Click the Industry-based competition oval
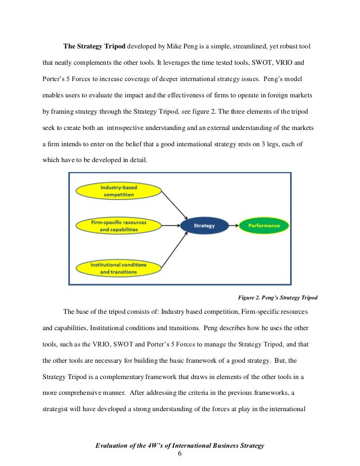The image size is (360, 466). coord(118,191)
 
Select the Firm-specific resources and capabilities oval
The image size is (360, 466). coord(118,226)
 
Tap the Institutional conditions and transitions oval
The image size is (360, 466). coord(118,268)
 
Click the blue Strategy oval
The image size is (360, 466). coord(204,226)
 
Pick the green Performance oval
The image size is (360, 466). coord(264,226)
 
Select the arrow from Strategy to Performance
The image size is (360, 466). coord(233,226)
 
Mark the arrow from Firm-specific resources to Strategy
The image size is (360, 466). coord(171,226)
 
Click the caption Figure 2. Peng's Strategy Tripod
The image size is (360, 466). coord(277,297)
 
